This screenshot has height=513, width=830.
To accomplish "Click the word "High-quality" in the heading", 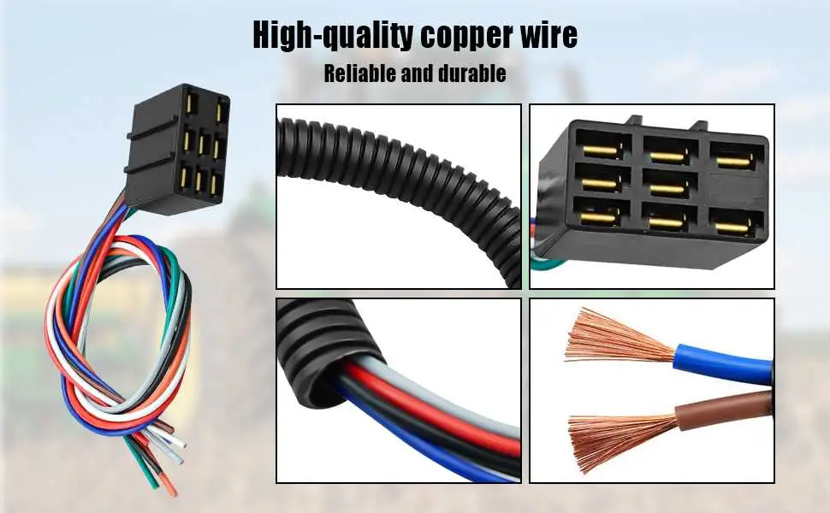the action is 332,35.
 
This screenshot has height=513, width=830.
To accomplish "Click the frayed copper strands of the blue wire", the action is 620,337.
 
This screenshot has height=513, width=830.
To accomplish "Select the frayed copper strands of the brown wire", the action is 623,440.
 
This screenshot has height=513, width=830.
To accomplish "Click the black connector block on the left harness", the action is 177,149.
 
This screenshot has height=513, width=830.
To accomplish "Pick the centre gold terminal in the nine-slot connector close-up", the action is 667,188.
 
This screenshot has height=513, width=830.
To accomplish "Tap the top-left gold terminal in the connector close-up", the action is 601,150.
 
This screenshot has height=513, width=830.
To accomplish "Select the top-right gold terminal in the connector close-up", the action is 733,161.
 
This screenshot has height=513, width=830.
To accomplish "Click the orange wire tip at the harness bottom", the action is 169,485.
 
